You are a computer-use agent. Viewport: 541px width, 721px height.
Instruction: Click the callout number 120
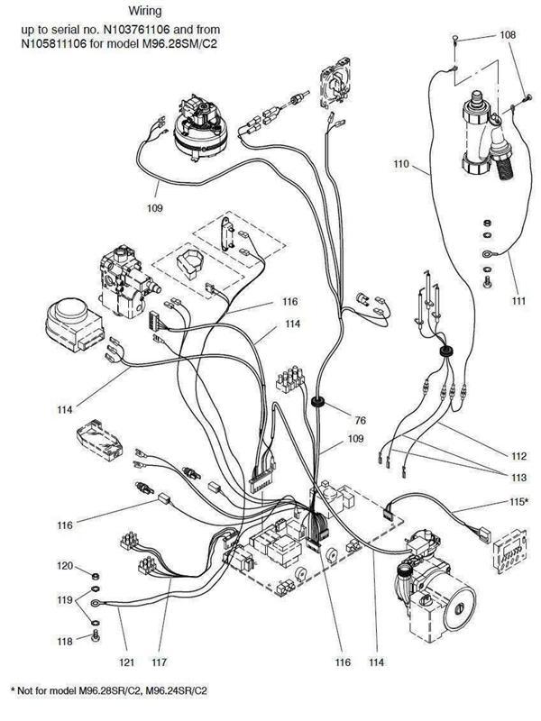[65, 568]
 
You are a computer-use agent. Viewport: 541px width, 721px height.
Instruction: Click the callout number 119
[65, 598]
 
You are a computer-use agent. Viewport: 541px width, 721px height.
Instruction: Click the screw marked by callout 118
[94, 638]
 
